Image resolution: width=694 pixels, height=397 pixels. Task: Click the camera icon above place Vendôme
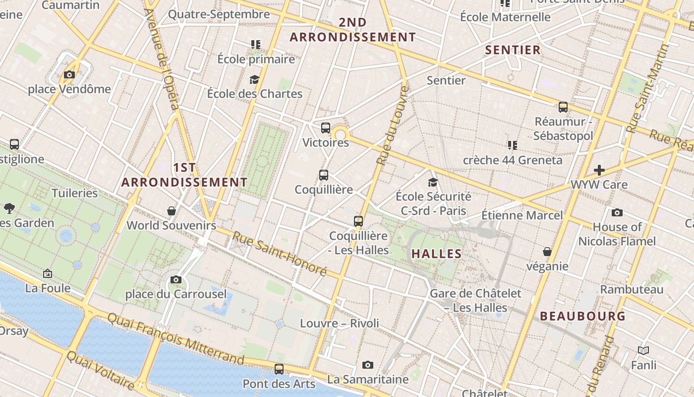[x=69, y=75]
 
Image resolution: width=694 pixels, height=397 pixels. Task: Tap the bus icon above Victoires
[x=326, y=128]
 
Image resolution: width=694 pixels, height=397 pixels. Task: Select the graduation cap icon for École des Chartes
[x=254, y=79]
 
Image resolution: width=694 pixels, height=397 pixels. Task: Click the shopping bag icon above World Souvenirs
[x=172, y=211]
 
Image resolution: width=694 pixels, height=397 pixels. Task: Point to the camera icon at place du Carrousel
[x=175, y=280]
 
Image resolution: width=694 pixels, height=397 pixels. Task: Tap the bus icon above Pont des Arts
[x=279, y=369]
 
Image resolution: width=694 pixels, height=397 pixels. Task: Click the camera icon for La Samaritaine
[x=367, y=365]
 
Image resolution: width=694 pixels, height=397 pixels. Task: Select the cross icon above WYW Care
[x=599, y=170]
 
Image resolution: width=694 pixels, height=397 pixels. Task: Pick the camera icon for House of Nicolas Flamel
[x=617, y=213]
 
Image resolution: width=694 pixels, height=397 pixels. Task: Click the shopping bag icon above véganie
[x=547, y=252]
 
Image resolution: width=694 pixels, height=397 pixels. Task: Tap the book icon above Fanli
[x=643, y=351]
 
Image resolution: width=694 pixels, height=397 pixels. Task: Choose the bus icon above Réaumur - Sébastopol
[x=563, y=107]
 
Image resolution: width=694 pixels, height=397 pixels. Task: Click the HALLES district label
[x=437, y=254]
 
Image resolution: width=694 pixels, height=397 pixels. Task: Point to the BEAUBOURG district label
[x=582, y=316]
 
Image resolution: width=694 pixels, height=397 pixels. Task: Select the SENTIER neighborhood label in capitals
[x=513, y=50]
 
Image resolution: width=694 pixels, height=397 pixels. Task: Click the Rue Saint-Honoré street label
[x=280, y=254]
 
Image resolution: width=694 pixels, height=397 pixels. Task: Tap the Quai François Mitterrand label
[x=176, y=339]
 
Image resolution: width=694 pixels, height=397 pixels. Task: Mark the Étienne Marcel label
[x=522, y=215]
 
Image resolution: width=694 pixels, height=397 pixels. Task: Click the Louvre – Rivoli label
[x=340, y=324]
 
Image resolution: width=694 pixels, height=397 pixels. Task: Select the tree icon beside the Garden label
[x=9, y=208]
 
